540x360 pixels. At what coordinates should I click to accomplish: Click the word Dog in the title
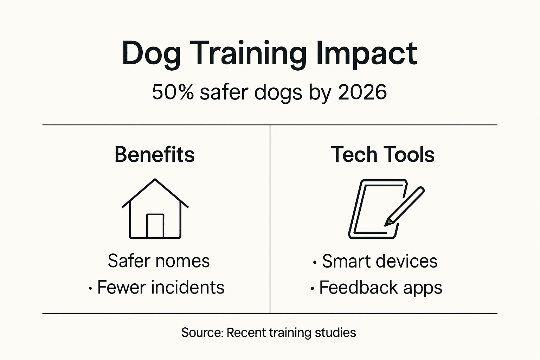[x=151, y=54]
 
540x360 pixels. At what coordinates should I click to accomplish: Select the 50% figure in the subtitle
[x=173, y=92]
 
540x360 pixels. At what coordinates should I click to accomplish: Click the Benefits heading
[x=154, y=154]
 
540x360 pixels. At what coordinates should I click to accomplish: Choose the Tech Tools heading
[x=382, y=154]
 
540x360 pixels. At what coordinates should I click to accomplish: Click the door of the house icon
[x=155, y=226]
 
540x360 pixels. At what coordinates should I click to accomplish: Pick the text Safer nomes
[x=159, y=261]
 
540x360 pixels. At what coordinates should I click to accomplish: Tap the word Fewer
[x=122, y=287]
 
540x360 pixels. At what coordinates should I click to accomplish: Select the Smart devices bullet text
[x=380, y=261]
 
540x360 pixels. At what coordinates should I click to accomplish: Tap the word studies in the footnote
[x=335, y=333]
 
